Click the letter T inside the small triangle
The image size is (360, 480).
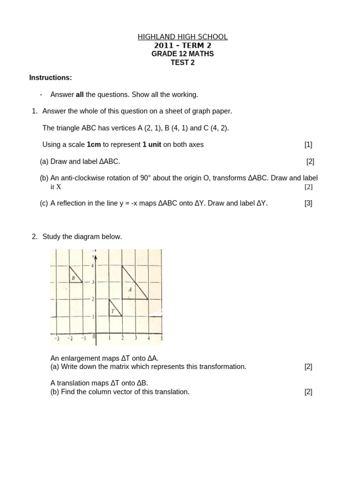coord(112,311)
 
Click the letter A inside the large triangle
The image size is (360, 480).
coord(130,290)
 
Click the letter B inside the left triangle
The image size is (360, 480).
coord(74,278)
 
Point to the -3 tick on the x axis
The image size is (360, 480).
coord(57,338)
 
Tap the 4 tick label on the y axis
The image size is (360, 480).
coord(92,266)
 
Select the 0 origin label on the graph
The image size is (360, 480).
coord(94,336)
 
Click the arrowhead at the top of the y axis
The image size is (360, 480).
coord(96,256)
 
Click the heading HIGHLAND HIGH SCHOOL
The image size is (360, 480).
coord(183,37)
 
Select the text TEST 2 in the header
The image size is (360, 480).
coord(182,62)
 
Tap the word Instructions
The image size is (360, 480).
coord(51,77)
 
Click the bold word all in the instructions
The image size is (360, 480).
coord(80,95)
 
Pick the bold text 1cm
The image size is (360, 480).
coord(94,144)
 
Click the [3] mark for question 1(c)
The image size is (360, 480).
coord(308,203)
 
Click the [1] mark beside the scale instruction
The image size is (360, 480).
coord(308,144)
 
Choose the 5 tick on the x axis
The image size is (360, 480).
coord(161,338)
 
